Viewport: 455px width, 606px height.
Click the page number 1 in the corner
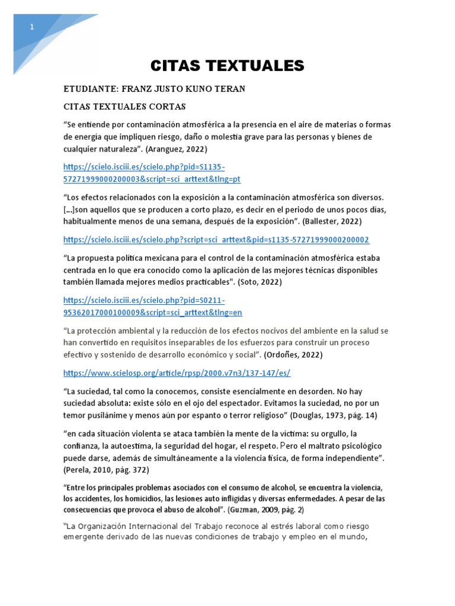point(31,27)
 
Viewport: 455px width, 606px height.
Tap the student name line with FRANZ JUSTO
point(154,89)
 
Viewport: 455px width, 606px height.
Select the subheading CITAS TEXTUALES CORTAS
point(124,107)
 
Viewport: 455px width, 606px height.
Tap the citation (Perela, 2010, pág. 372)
point(106,469)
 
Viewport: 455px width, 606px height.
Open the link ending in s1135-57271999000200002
point(216,240)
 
